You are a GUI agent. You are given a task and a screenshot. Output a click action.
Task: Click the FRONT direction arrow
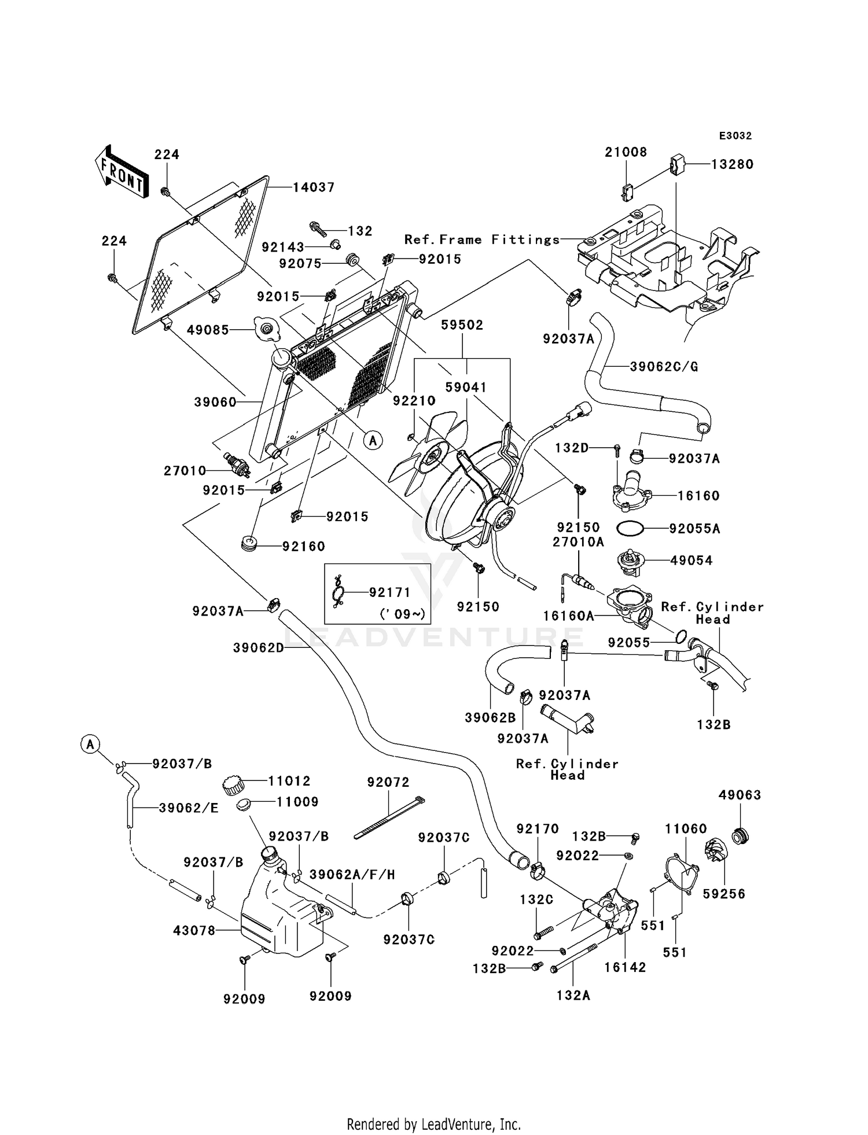click(x=120, y=173)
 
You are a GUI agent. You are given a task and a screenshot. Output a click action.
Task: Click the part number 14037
click(x=314, y=187)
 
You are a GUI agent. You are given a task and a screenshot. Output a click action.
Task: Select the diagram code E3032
click(x=735, y=136)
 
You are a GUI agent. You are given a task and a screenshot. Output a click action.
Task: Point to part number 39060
click(x=215, y=402)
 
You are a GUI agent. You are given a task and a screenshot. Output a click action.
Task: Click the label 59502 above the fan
click(x=462, y=325)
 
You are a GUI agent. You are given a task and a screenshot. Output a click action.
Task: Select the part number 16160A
click(x=568, y=617)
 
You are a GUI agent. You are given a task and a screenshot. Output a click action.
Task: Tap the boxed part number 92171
click(x=389, y=592)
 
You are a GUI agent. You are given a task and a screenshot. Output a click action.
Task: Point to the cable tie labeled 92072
click(x=389, y=818)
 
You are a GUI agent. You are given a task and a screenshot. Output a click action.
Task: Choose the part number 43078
click(x=194, y=930)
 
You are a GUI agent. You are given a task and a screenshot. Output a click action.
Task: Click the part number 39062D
click(x=259, y=648)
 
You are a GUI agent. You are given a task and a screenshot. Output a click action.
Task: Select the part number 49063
click(x=740, y=795)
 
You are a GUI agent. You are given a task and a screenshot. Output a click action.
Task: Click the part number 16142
click(x=625, y=967)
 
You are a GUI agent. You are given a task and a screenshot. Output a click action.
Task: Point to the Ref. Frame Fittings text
click(x=482, y=239)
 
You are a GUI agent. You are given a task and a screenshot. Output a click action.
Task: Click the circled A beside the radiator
click(x=373, y=441)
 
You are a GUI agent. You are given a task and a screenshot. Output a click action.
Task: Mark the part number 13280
click(x=732, y=164)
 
